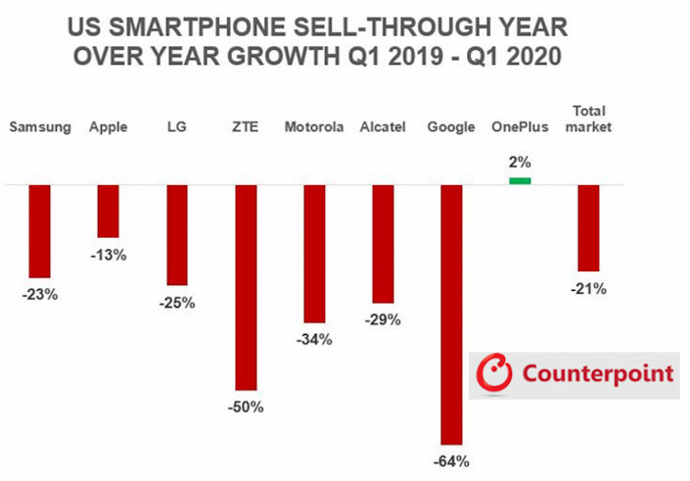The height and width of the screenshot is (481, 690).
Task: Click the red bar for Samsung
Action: [x=39, y=231]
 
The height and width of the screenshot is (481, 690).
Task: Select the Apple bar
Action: [x=108, y=211]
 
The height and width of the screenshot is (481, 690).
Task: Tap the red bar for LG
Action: [x=177, y=235]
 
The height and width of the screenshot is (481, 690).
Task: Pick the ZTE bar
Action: [x=246, y=288]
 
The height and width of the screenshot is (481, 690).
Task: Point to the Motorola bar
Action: [x=314, y=254]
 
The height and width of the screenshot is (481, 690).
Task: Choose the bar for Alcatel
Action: [x=383, y=243]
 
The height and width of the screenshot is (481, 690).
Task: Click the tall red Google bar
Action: [x=451, y=314]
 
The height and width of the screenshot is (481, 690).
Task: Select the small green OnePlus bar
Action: [x=520, y=180]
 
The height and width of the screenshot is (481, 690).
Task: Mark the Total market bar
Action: [x=588, y=227]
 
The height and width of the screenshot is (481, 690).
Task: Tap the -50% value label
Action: [x=247, y=407]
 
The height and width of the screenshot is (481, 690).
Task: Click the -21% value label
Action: [x=589, y=288]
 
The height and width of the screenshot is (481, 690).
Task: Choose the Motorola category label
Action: [x=313, y=127]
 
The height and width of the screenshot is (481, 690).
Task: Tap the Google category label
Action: [x=451, y=127]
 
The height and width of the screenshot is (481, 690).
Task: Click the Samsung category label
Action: [x=39, y=127]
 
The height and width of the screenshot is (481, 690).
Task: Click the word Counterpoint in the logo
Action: [x=598, y=373]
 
